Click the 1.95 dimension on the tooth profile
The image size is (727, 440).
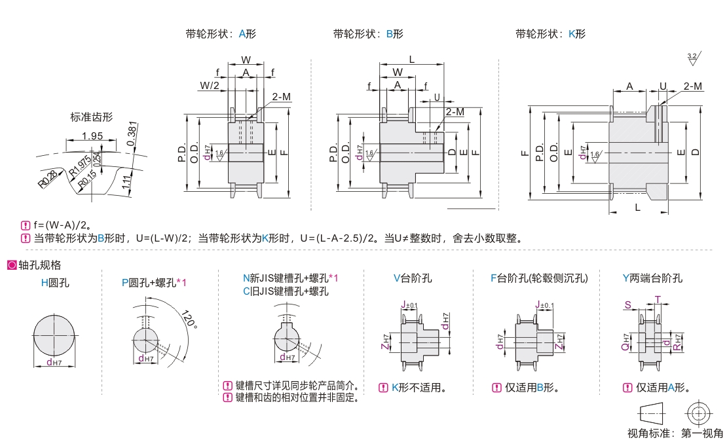pos(93,136)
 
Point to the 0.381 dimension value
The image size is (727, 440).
pos(132,134)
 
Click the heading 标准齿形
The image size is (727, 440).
pos(92,117)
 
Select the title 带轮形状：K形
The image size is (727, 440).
pos(550,33)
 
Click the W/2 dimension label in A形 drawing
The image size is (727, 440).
pos(210,85)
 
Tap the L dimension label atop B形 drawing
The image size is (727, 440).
pos(411,60)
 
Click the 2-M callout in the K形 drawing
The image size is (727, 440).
pos(692,86)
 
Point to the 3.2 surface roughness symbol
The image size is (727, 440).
pos(692,59)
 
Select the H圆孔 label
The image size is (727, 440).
pos(55,283)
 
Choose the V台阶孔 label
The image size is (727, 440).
pos(413,278)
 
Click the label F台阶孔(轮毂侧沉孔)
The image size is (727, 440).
pos(539,278)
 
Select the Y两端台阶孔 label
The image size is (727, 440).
pos(652,278)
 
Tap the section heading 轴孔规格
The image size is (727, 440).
pos(39,265)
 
